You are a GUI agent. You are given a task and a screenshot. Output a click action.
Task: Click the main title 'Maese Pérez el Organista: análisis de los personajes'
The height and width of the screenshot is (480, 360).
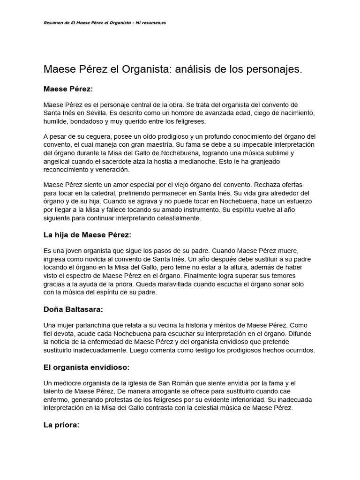pos(173,70)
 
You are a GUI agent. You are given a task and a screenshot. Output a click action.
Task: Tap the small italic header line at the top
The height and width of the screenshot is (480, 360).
pos(105,23)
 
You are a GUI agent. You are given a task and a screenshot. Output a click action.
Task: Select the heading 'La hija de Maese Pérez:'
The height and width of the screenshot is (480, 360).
pos(88,234)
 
